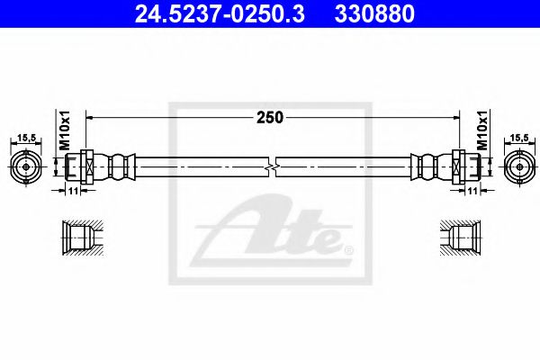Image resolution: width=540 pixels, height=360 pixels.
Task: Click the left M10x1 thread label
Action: tap(65, 131)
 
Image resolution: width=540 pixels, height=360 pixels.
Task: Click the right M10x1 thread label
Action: tap(481, 131)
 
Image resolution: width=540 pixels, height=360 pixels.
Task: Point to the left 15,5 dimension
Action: tap(26, 137)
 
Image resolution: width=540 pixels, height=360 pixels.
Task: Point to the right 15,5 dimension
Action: tap(519, 137)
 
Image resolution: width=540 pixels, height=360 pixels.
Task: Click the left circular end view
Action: tap(26, 166)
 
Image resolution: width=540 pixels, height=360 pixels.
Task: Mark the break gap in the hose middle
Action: tap(273, 167)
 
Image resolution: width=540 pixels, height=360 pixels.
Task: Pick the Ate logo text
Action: tap(279, 232)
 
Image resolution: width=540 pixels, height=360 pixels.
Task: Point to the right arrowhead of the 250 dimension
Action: tap(454, 117)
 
